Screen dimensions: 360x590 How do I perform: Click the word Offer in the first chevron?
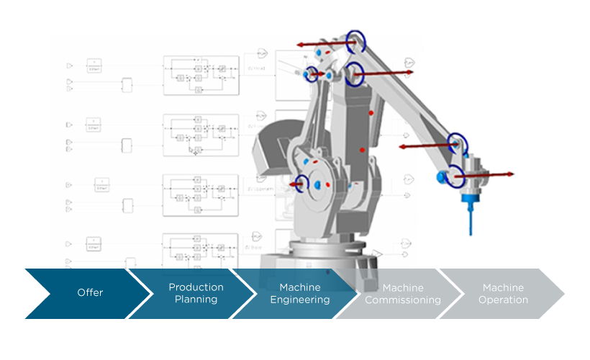[x=90, y=293]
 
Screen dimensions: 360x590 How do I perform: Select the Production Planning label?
[x=196, y=293]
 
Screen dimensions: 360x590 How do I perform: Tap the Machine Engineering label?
[x=299, y=293]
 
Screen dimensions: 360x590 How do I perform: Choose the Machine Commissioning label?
[x=402, y=294]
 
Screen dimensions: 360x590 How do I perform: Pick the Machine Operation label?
[x=503, y=294]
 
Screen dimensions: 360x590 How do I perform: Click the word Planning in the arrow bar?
[x=196, y=300]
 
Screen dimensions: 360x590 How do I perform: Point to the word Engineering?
[x=299, y=300]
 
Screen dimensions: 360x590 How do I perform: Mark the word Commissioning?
[x=402, y=300]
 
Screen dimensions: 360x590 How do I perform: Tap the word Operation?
[x=503, y=300]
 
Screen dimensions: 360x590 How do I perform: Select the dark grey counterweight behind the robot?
[x=268, y=148]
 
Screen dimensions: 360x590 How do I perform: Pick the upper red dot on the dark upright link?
[x=371, y=113]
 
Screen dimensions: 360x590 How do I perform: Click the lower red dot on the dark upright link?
[x=363, y=150]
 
